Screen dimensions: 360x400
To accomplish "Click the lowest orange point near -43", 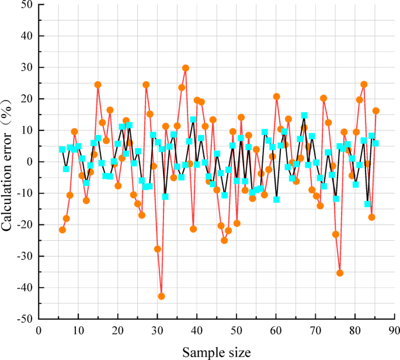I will coord(161,296).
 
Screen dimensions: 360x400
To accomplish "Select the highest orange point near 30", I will coord(186,68).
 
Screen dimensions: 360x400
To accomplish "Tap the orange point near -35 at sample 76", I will coord(340,273).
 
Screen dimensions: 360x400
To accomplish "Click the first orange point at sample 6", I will coord(62,230).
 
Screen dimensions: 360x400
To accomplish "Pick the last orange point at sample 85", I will coord(375,110).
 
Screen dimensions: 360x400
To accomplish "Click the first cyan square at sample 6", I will coord(62,150).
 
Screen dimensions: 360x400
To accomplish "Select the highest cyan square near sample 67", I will coord(304,115).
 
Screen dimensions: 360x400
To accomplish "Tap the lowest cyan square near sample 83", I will coord(367,204).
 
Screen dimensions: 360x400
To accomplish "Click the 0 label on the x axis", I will coord(39,330).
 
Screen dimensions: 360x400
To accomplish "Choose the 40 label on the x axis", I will coord(197,330).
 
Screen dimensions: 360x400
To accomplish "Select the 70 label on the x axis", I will coord(315,330).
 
